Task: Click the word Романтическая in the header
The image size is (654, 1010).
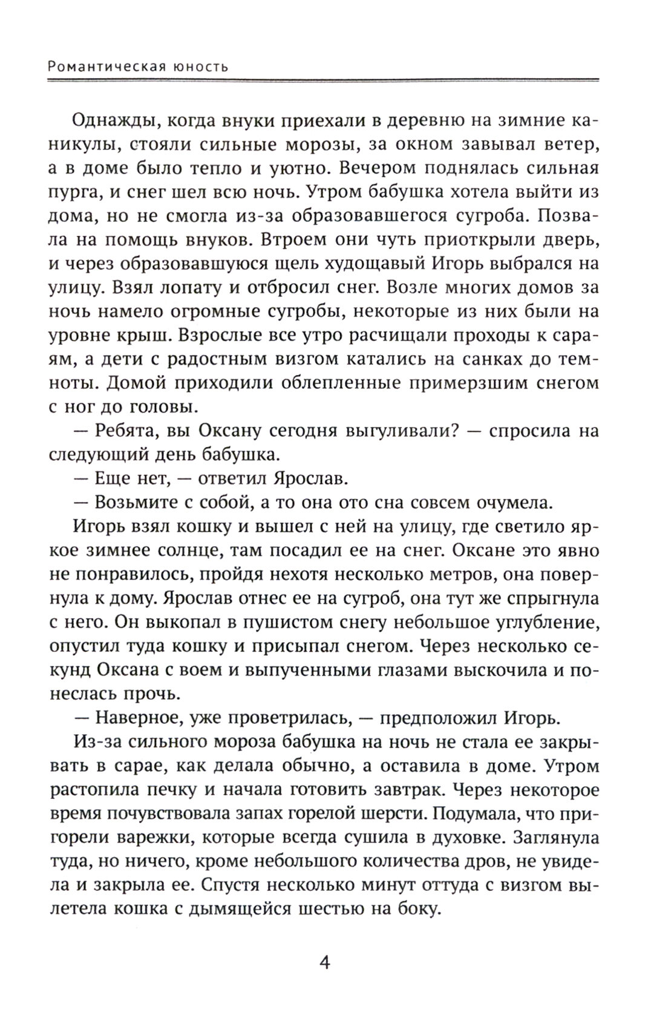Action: [x=107, y=66]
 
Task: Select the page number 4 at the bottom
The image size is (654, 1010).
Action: [x=325, y=962]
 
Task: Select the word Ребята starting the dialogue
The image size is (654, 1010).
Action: [x=123, y=431]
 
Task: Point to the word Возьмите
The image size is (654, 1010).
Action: [x=132, y=503]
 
